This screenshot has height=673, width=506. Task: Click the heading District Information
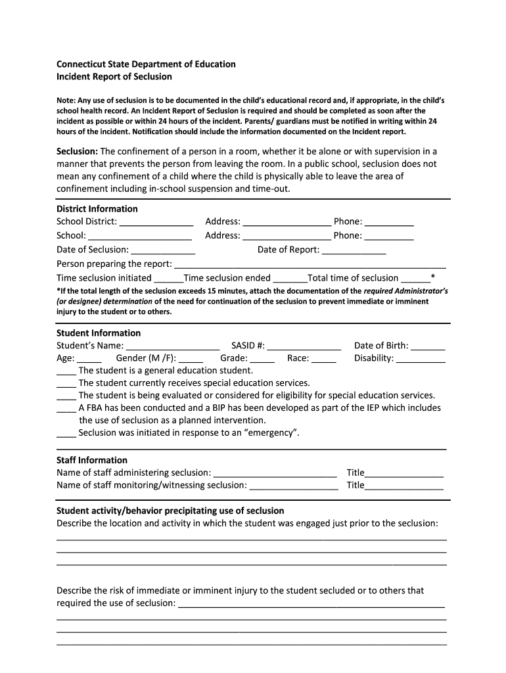tap(97, 209)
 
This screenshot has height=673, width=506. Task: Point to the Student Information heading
tap(99, 333)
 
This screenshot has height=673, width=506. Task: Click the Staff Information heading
tap(92, 460)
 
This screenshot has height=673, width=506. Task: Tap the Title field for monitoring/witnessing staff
tap(404, 486)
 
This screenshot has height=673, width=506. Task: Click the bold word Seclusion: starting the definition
tap(77, 151)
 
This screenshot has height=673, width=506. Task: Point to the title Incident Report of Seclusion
tap(114, 77)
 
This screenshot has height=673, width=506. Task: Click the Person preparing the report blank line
tap(309, 265)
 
